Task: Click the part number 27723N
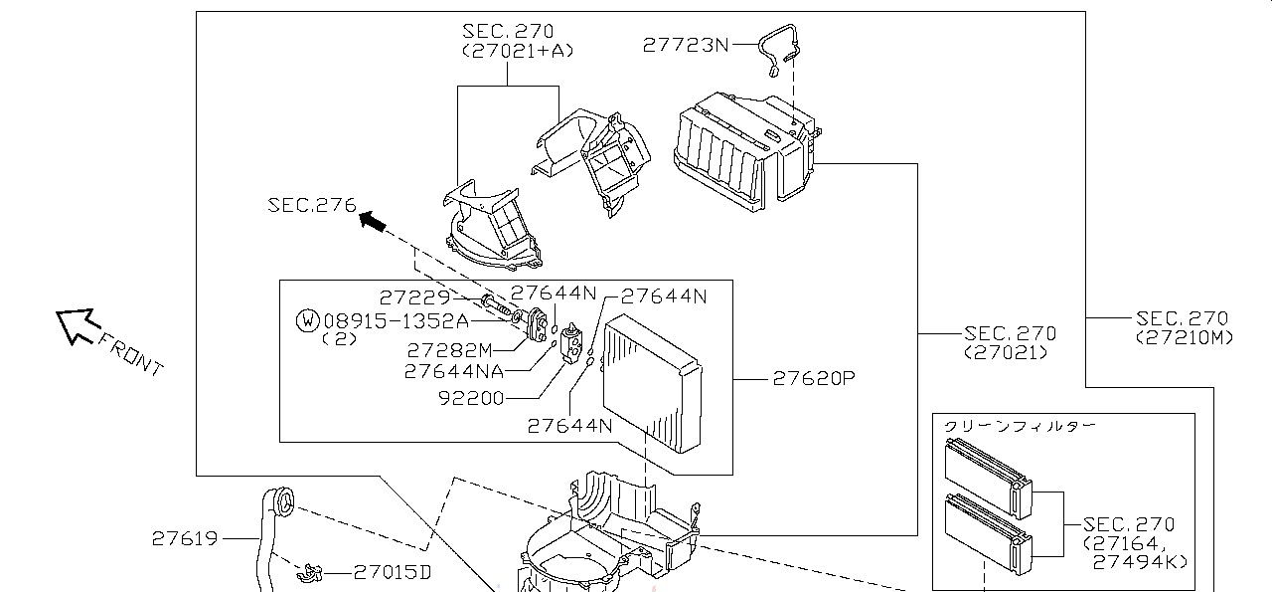(685, 45)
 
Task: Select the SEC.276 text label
(311, 205)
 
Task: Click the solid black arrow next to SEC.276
(373, 220)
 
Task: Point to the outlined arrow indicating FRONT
(76, 324)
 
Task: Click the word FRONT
(130, 353)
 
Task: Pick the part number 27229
(414, 296)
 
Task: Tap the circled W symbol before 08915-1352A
(308, 320)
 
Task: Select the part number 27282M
(449, 349)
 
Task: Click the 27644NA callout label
(453, 371)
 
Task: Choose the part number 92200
(471, 398)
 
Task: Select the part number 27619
(184, 538)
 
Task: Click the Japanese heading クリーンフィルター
(1020, 426)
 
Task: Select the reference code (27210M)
(1185, 337)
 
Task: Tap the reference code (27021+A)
(518, 50)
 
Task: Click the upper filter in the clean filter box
(988, 467)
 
